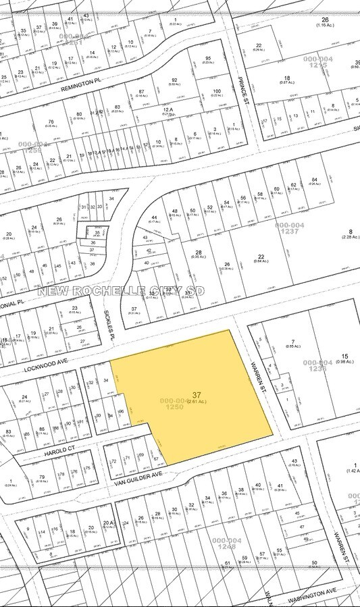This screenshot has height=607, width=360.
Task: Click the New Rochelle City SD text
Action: pos(121,291)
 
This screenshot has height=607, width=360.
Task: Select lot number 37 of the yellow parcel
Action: pos(197,395)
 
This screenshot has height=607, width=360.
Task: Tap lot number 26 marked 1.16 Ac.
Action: pos(325,20)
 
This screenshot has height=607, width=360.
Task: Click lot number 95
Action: pos(208,58)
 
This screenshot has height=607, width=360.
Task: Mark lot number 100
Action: pos(216,91)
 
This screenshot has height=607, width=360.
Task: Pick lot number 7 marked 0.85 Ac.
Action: pos(293,342)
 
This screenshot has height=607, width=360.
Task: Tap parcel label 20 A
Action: pos(107,523)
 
